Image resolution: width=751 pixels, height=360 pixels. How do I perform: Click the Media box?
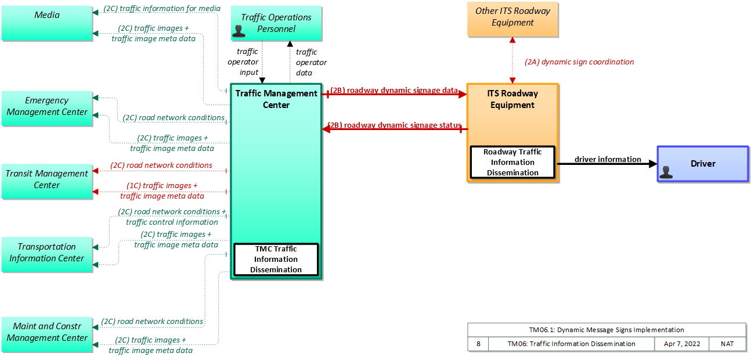tap(47, 23)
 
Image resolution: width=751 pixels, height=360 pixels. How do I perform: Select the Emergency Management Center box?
tap(47, 109)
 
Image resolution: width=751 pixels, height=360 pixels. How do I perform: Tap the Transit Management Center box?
tap(47, 182)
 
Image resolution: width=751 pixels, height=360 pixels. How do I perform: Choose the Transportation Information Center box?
tap(47, 254)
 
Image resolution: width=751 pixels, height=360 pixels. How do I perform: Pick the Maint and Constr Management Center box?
tap(47, 334)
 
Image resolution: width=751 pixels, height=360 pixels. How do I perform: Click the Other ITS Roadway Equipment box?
tap(512, 19)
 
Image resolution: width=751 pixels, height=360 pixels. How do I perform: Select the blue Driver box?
tap(703, 164)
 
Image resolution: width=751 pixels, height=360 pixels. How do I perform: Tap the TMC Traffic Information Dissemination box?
tap(276, 260)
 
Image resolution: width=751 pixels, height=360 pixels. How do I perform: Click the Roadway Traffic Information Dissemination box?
tap(512, 163)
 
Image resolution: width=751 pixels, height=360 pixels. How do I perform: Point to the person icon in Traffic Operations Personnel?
tap(239, 31)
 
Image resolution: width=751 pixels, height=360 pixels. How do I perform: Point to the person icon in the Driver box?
tap(666, 172)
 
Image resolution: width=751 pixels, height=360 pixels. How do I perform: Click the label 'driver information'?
tap(608, 159)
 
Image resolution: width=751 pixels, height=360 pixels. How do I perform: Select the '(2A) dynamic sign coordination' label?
tap(579, 62)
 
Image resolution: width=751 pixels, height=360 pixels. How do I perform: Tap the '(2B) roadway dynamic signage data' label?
tap(394, 90)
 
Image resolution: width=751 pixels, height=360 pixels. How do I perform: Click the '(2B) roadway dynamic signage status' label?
tap(395, 125)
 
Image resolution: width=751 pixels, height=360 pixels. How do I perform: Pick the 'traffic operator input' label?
tap(243, 62)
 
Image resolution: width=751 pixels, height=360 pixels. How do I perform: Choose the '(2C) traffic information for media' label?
tap(162, 8)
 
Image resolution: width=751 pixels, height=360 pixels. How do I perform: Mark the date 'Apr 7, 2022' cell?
tap(681, 344)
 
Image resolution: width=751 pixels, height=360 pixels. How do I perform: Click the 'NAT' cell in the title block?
tap(727, 344)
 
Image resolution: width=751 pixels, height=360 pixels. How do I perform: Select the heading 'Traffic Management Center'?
tap(276, 99)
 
